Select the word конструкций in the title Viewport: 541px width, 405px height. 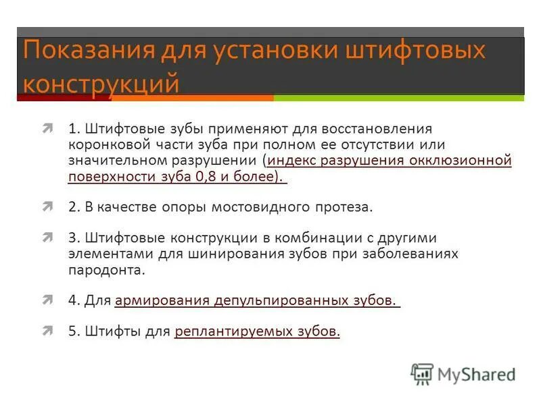click(x=101, y=83)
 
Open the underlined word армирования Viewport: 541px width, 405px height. click(x=162, y=300)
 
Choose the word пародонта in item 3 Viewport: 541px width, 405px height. click(x=106, y=270)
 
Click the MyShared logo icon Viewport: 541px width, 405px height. click(x=423, y=374)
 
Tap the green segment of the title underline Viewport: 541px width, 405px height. click(x=399, y=98)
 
